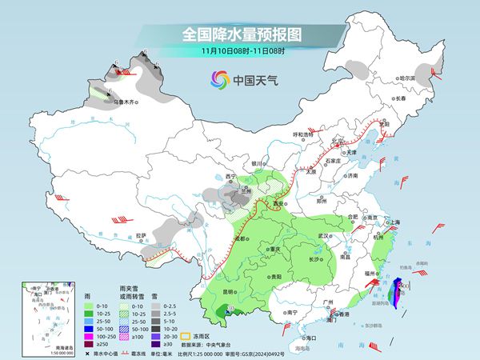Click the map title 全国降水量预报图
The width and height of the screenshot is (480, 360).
[239, 34]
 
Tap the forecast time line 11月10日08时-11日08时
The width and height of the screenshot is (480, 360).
[239, 51]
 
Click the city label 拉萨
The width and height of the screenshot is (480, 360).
[141, 235]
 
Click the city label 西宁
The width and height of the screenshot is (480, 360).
[232, 175]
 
